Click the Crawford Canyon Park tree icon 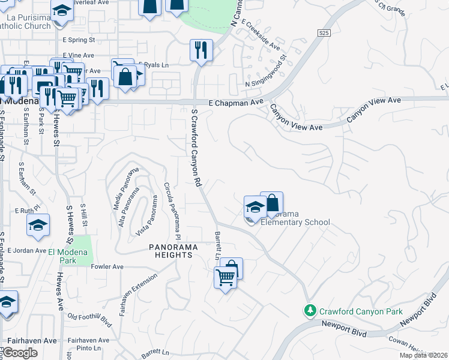310,311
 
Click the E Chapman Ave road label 236,103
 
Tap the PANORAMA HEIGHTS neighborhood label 171,251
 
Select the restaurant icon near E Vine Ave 201,50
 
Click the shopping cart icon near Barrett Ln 224,278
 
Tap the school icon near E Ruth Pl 38,226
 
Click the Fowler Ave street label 107,266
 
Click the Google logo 20,353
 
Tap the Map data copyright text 424,355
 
